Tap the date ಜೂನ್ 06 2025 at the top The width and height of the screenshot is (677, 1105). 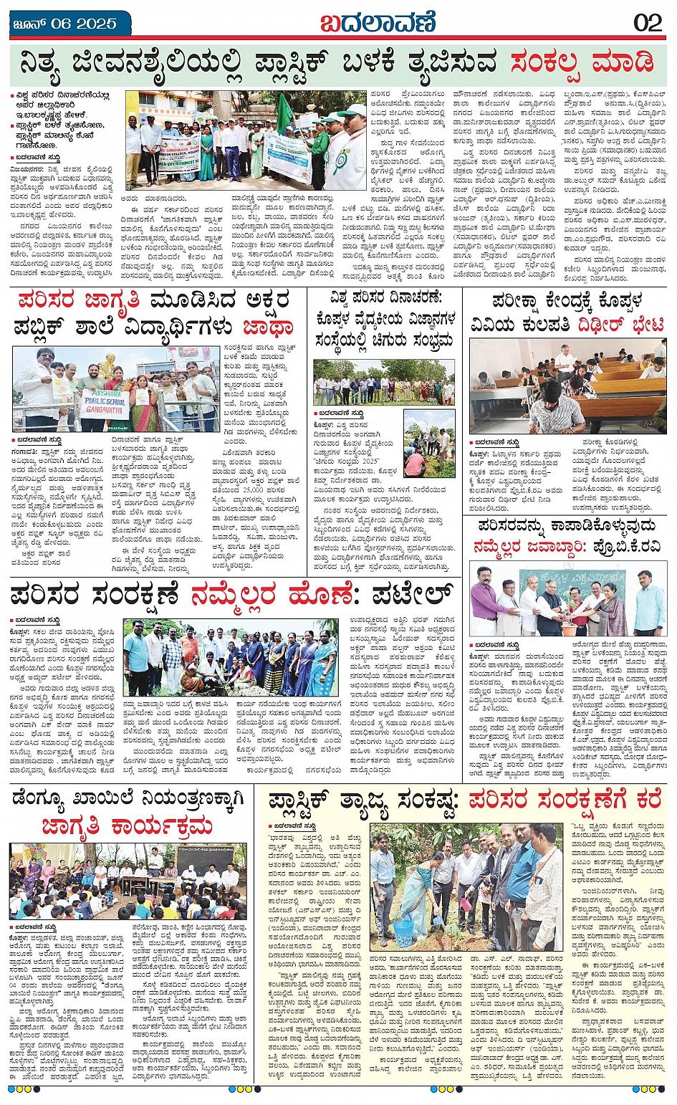[x=64, y=24]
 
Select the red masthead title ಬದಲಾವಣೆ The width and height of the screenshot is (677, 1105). [x=377, y=23]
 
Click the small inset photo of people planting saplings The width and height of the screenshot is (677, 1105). [x=429, y=444]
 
